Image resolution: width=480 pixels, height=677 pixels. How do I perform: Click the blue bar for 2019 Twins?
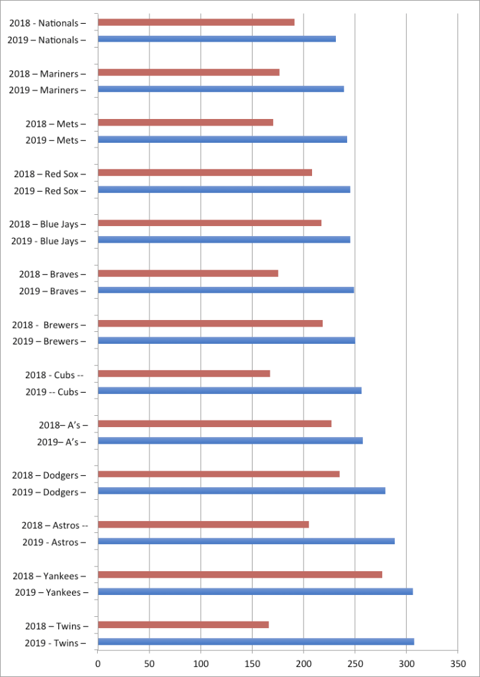[256, 641]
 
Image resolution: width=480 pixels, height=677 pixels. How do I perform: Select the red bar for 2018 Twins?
[183, 625]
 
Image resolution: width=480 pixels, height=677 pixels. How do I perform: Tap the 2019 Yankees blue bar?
[255, 591]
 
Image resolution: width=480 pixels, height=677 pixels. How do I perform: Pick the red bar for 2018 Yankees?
[240, 575]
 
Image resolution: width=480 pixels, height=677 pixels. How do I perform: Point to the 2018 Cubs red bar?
[184, 374]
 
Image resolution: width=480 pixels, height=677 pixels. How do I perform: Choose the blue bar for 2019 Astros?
[246, 541]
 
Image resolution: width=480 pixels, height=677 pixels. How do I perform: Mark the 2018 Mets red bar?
[185, 122]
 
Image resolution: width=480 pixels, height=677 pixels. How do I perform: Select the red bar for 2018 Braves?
[188, 273]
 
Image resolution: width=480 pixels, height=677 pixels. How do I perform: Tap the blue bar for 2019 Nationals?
[217, 39]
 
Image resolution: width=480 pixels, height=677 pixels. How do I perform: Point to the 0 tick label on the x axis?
[98, 663]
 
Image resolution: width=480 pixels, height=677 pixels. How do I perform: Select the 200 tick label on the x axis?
[303, 663]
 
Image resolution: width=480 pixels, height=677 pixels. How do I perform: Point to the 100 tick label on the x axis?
[201, 663]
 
